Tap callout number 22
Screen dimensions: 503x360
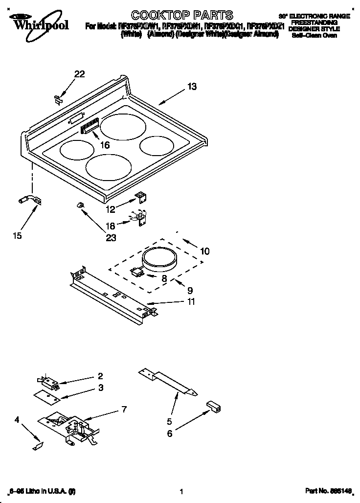point(79,74)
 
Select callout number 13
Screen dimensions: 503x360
point(192,87)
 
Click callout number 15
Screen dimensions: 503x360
point(17,236)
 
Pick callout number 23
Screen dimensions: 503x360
point(111,238)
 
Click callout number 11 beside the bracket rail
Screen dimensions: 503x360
point(190,302)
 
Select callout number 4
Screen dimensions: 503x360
point(17,419)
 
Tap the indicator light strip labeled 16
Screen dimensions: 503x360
point(90,128)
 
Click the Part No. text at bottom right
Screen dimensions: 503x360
point(328,491)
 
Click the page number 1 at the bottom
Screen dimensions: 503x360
point(181,491)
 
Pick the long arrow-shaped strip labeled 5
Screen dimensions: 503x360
point(169,383)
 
